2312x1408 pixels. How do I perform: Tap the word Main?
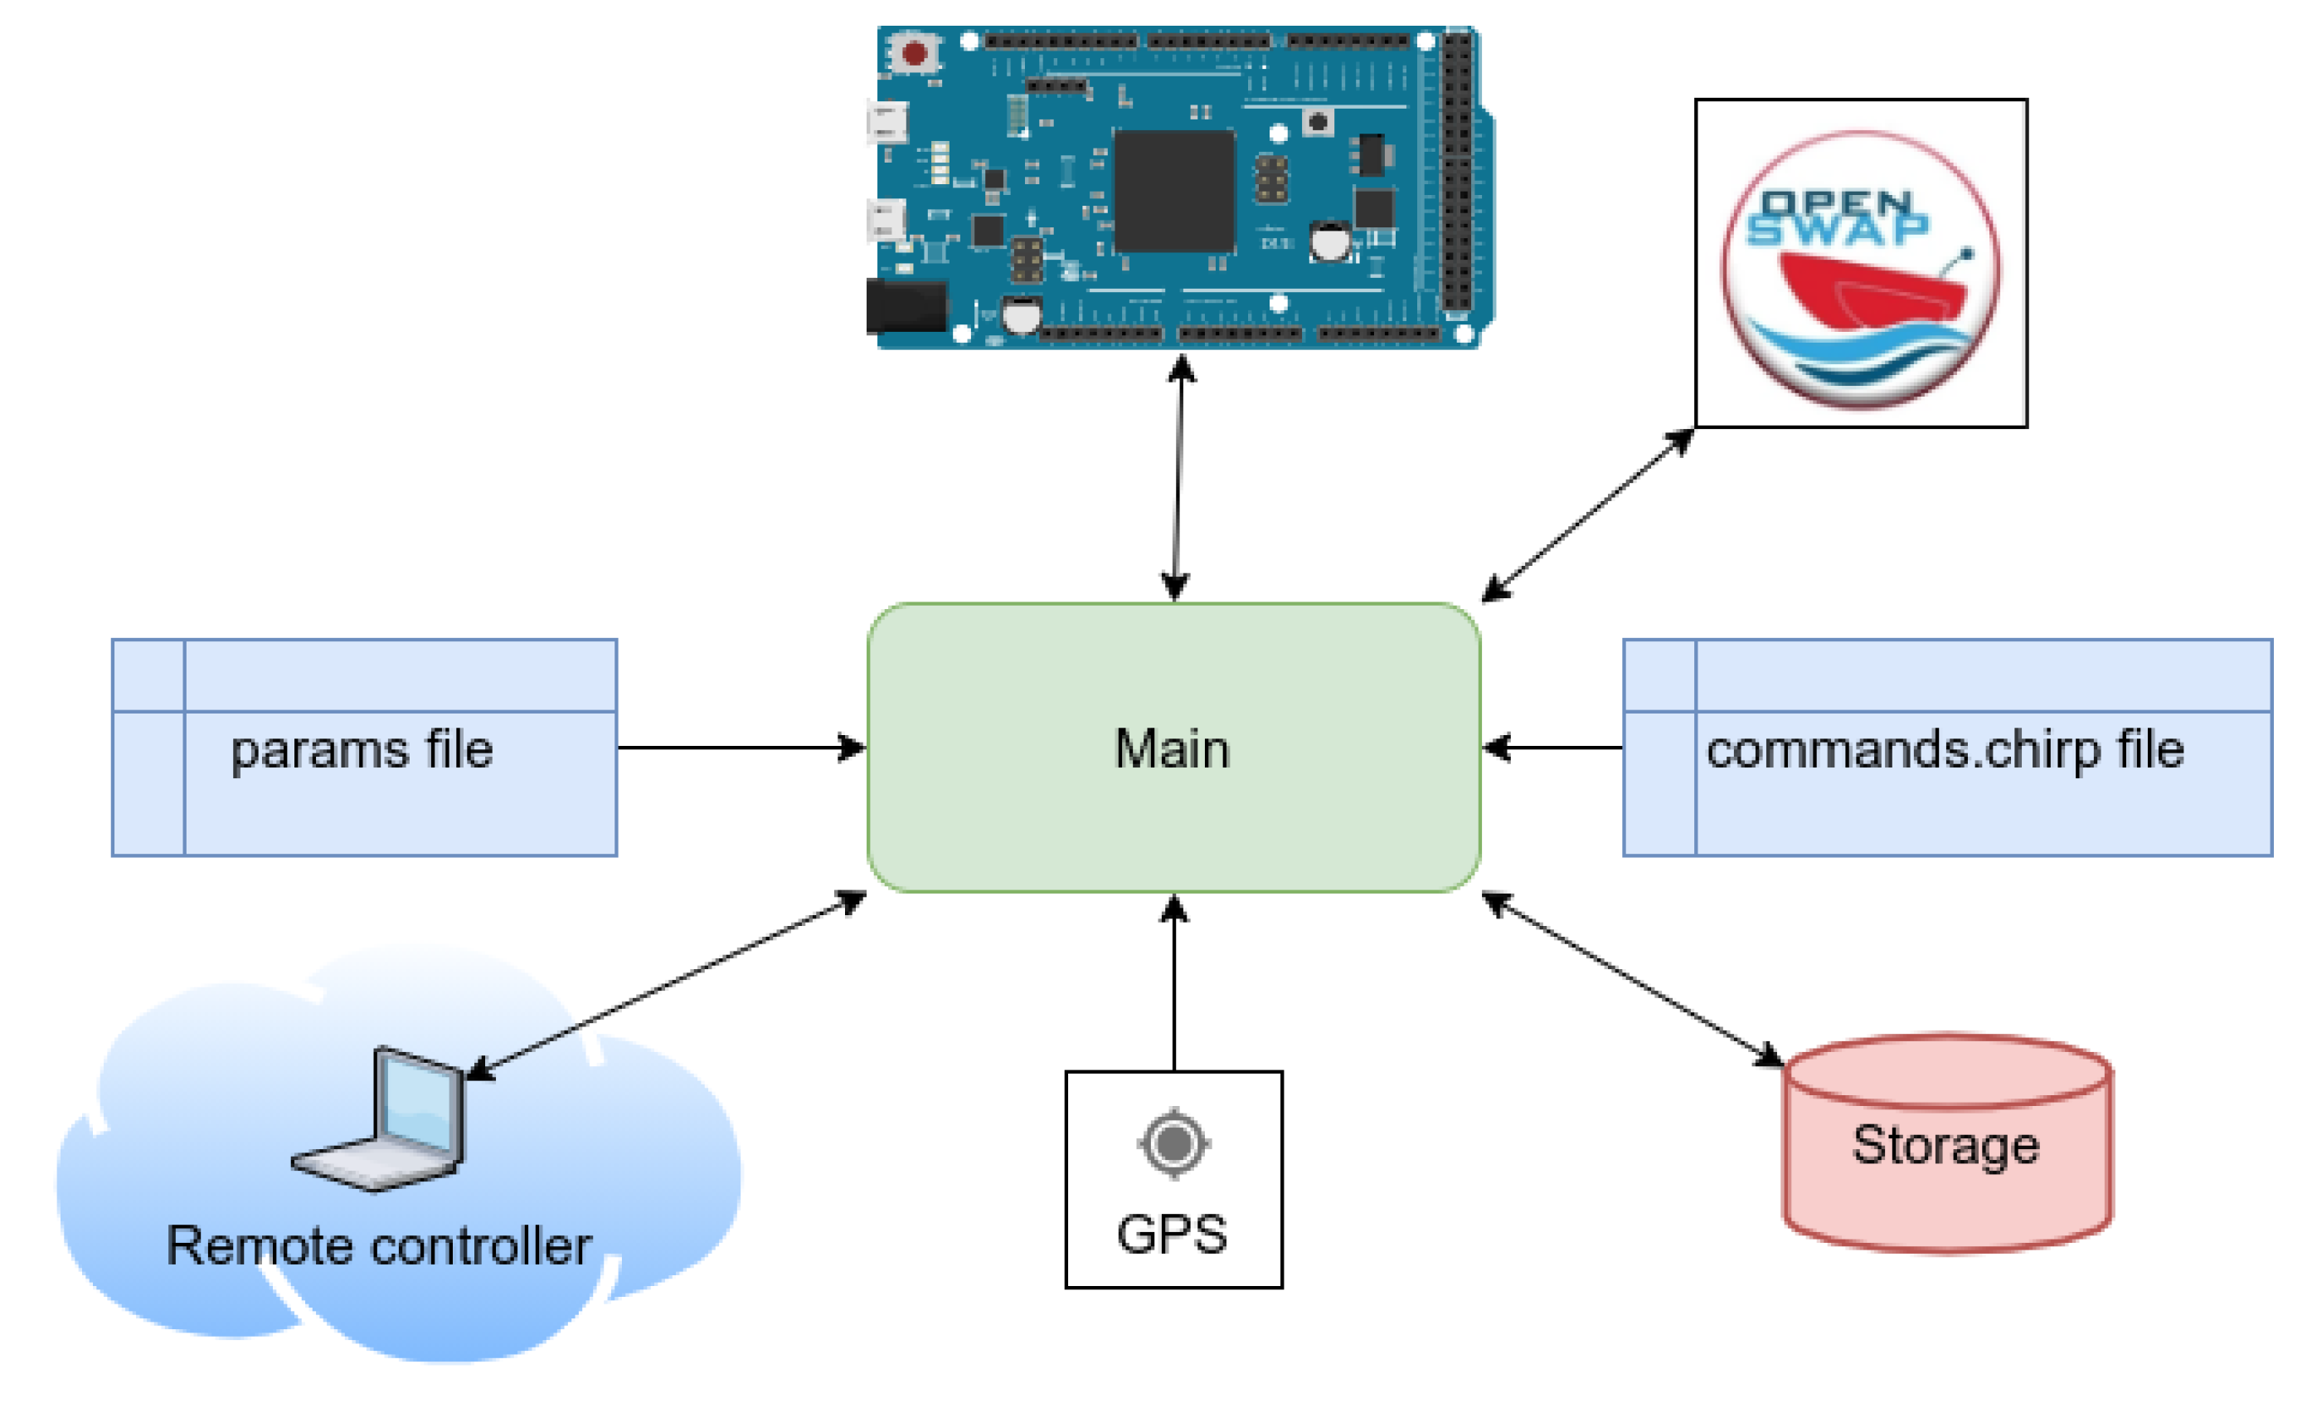[x=1172, y=750]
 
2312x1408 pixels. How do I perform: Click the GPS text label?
[x=1172, y=1235]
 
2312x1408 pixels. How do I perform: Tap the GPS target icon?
[x=1173, y=1143]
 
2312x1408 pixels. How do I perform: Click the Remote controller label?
[x=378, y=1246]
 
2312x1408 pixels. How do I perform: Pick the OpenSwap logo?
[x=1861, y=263]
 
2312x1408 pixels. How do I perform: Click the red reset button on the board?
[x=914, y=52]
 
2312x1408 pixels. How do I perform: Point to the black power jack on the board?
[x=906, y=305]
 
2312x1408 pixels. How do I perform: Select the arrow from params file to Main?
[x=741, y=748]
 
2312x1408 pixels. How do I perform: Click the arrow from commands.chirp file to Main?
[x=1553, y=748]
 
